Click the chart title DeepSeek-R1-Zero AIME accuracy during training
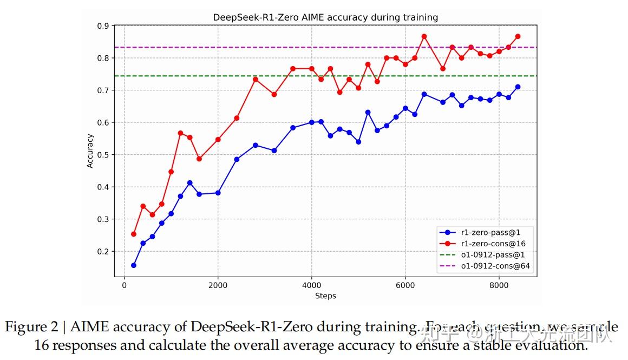325,17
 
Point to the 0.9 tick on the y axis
103,25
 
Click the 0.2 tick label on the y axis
103,252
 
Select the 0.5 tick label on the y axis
103,155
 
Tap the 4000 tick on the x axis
311,285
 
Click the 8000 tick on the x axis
499,285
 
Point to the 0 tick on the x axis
124,285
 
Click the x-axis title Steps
325,296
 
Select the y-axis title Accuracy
90,151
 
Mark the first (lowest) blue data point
133,265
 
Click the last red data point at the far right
518,36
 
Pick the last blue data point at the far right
518,87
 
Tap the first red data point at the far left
133,234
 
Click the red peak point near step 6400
424,36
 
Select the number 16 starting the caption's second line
41,345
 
